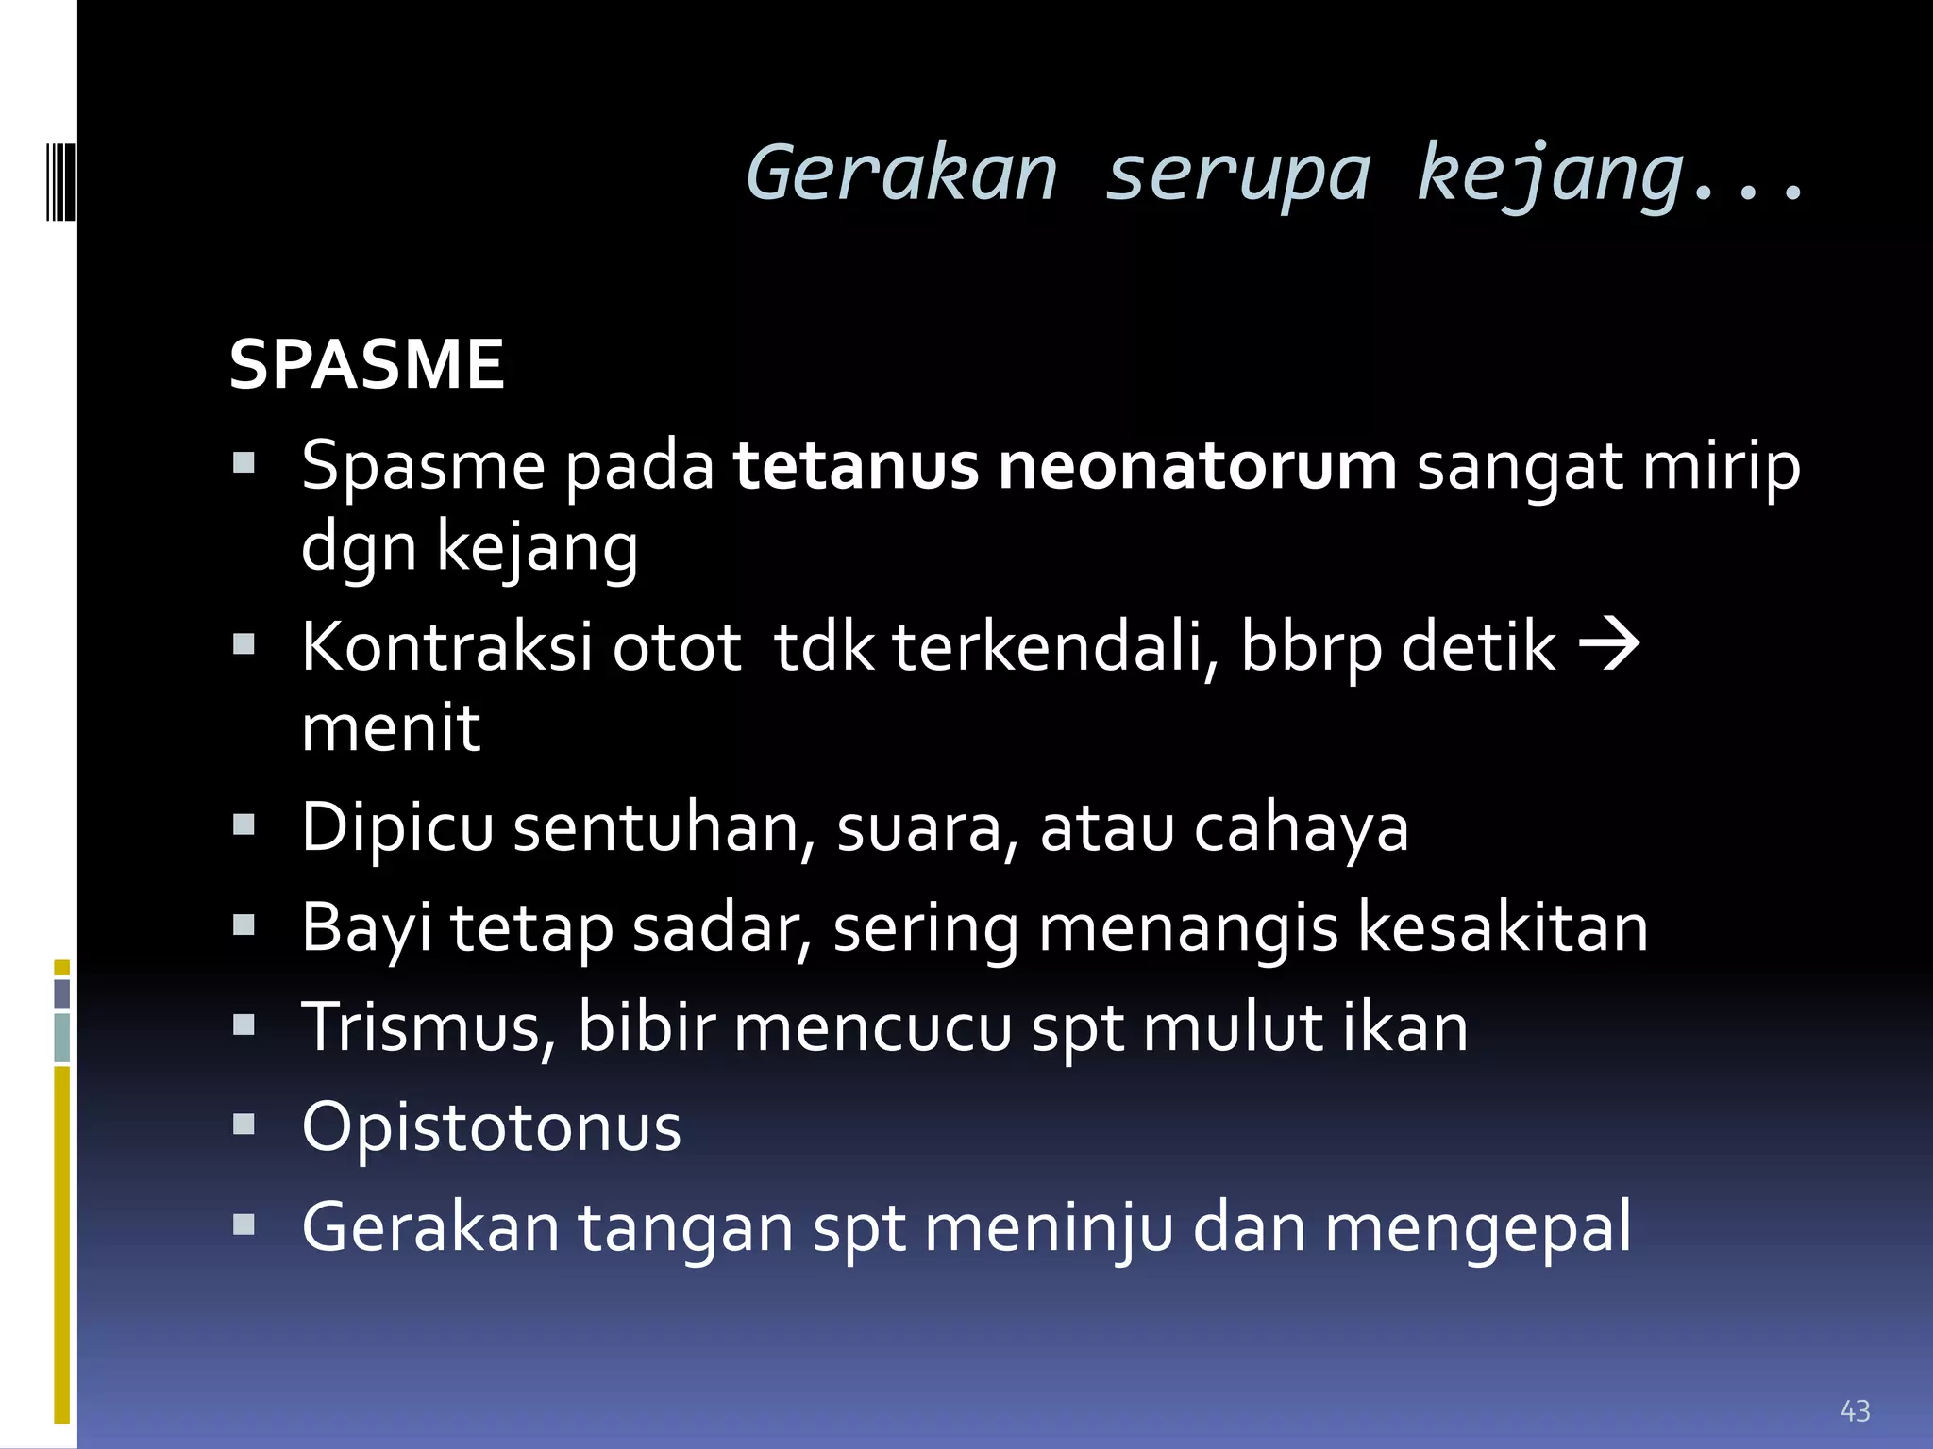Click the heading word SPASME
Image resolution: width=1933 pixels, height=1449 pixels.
tap(366, 365)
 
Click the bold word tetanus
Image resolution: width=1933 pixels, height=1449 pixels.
tap(855, 466)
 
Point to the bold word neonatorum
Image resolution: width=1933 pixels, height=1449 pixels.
tap(1197, 466)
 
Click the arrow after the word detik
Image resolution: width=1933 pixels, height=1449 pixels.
tap(1609, 646)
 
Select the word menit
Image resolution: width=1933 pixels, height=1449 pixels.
tap(391, 727)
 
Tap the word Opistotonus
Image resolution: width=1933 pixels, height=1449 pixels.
tap(491, 1127)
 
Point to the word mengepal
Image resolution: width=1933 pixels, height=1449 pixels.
tap(1478, 1229)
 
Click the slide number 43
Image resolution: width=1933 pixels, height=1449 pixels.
tap(1855, 1411)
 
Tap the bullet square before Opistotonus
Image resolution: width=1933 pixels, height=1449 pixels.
tap(244, 1124)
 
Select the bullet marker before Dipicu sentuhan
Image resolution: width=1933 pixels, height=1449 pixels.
tap(244, 824)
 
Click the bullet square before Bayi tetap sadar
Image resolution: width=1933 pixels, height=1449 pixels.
tap(244, 924)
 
